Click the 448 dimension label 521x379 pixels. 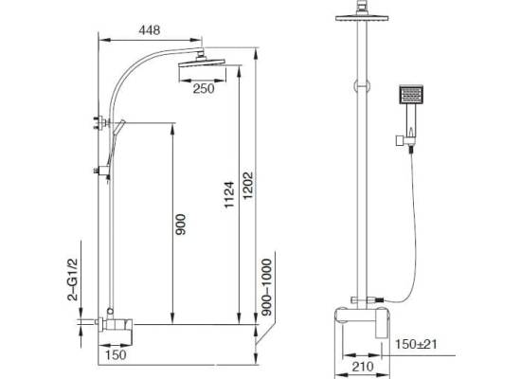click(150, 30)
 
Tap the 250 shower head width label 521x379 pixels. click(204, 89)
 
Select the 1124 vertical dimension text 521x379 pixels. click(229, 194)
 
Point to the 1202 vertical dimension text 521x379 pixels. click(248, 185)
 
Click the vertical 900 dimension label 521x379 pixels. click(181, 225)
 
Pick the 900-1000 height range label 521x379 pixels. click(266, 287)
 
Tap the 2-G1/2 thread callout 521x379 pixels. click(72, 280)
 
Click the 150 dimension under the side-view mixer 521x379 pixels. click(116, 354)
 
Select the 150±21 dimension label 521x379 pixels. click(416, 344)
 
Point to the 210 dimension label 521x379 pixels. click(363, 367)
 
